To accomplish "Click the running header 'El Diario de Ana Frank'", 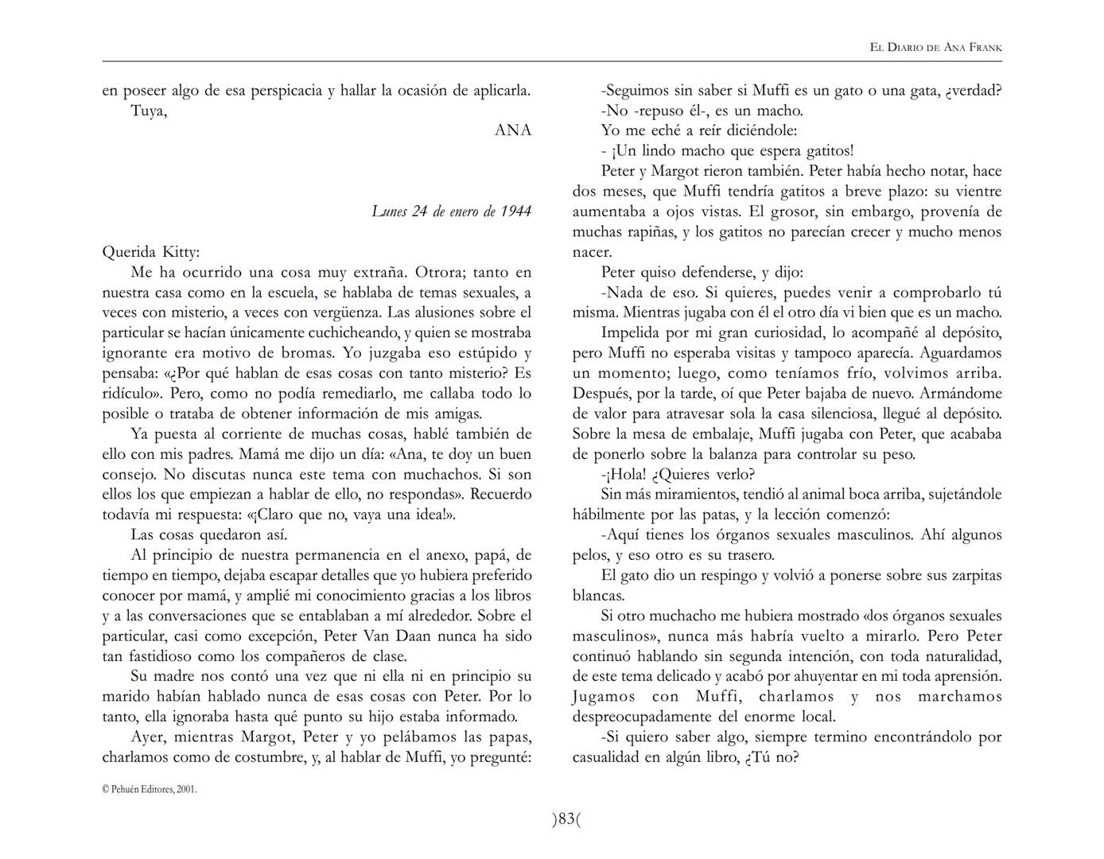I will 935,48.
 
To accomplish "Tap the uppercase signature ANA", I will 512,130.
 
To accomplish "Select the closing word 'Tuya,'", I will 149,111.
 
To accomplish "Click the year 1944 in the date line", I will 515,212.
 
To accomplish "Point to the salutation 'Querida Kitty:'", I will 151,252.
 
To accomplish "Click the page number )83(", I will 566,818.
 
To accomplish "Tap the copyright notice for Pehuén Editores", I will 150,789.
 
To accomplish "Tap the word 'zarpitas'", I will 970,576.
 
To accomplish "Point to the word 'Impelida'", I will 632,333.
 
